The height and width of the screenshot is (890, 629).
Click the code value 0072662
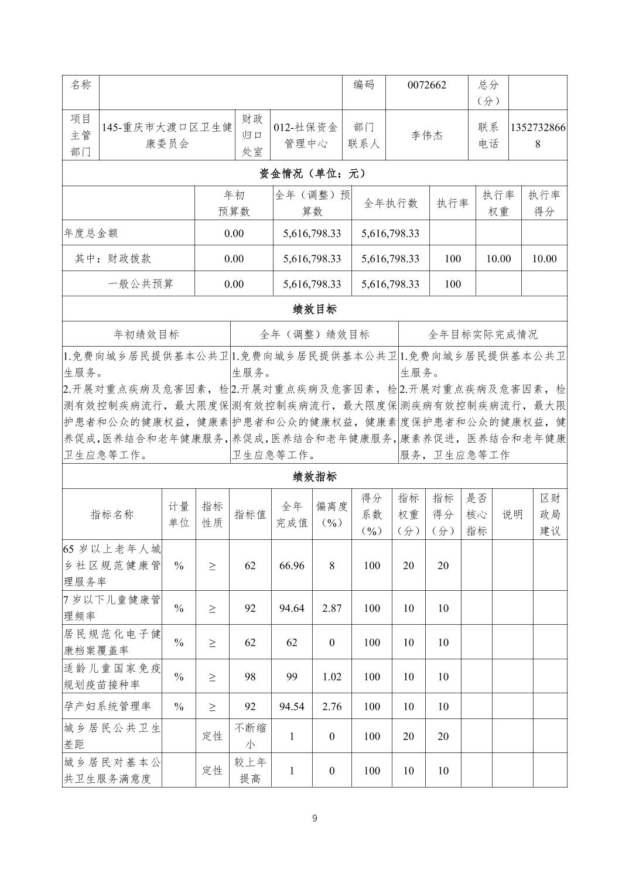(x=426, y=85)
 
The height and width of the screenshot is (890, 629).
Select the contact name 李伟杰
(x=426, y=135)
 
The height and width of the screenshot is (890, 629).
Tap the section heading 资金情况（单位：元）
(x=314, y=173)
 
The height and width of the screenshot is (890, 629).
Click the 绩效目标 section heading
(x=314, y=309)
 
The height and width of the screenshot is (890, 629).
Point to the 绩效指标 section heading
(x=314, y=477)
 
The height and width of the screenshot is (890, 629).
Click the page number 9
(x=314, y=818)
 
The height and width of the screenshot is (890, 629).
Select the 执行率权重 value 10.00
(x=498, y=258)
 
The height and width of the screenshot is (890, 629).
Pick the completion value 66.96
(x=292, y=565)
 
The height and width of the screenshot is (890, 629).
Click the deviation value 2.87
(x=331, y=608)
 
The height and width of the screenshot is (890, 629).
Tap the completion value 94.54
(x=292, y=706)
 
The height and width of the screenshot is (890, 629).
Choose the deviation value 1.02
(x=331, y=676)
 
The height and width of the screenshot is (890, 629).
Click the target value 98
(x=250, y=676)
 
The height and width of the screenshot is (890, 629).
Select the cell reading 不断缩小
(x=250, y=736)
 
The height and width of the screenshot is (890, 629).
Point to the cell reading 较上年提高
(x=250, y=770)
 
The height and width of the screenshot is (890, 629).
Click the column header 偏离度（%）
(x=331, y=514)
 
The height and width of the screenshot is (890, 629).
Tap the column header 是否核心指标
(x=476, y=514)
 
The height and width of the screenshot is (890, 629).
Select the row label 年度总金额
(x=91, y=233)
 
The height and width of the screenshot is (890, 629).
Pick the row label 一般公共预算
(x=141, y=284)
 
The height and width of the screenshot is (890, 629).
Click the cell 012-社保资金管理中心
(x=306, y=135)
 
